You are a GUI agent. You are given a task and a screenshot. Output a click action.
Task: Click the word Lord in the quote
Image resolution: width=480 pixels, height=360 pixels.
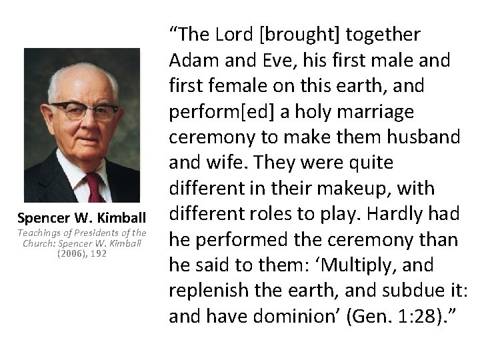click(231, 35)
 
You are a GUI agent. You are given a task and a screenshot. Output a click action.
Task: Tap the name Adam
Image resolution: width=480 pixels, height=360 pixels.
click(190, 60)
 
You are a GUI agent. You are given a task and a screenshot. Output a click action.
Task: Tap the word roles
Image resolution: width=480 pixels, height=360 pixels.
click(278, 214)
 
